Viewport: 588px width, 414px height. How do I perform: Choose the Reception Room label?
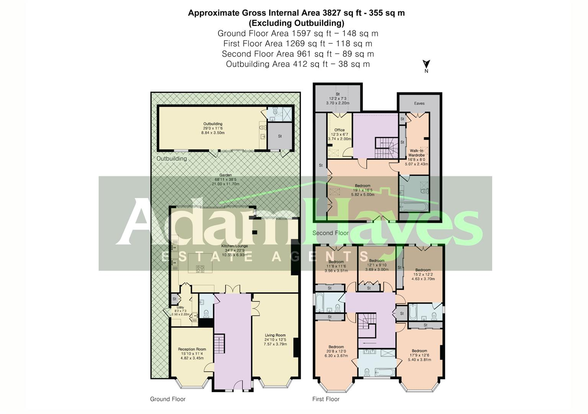coord(192,353)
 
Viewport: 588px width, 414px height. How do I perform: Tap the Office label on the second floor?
coord(340,135)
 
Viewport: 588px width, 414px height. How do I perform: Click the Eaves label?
coord(419,103)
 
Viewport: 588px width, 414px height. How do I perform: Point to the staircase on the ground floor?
coord(219,344)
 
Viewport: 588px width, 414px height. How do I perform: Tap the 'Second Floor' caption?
coord(330,233)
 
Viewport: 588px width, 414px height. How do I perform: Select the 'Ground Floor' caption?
coord(168,399)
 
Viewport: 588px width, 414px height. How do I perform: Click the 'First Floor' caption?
coord(326,399)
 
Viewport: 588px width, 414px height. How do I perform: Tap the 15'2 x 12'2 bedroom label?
coord(423,274)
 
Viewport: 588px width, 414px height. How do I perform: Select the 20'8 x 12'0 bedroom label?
coord(336,351)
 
